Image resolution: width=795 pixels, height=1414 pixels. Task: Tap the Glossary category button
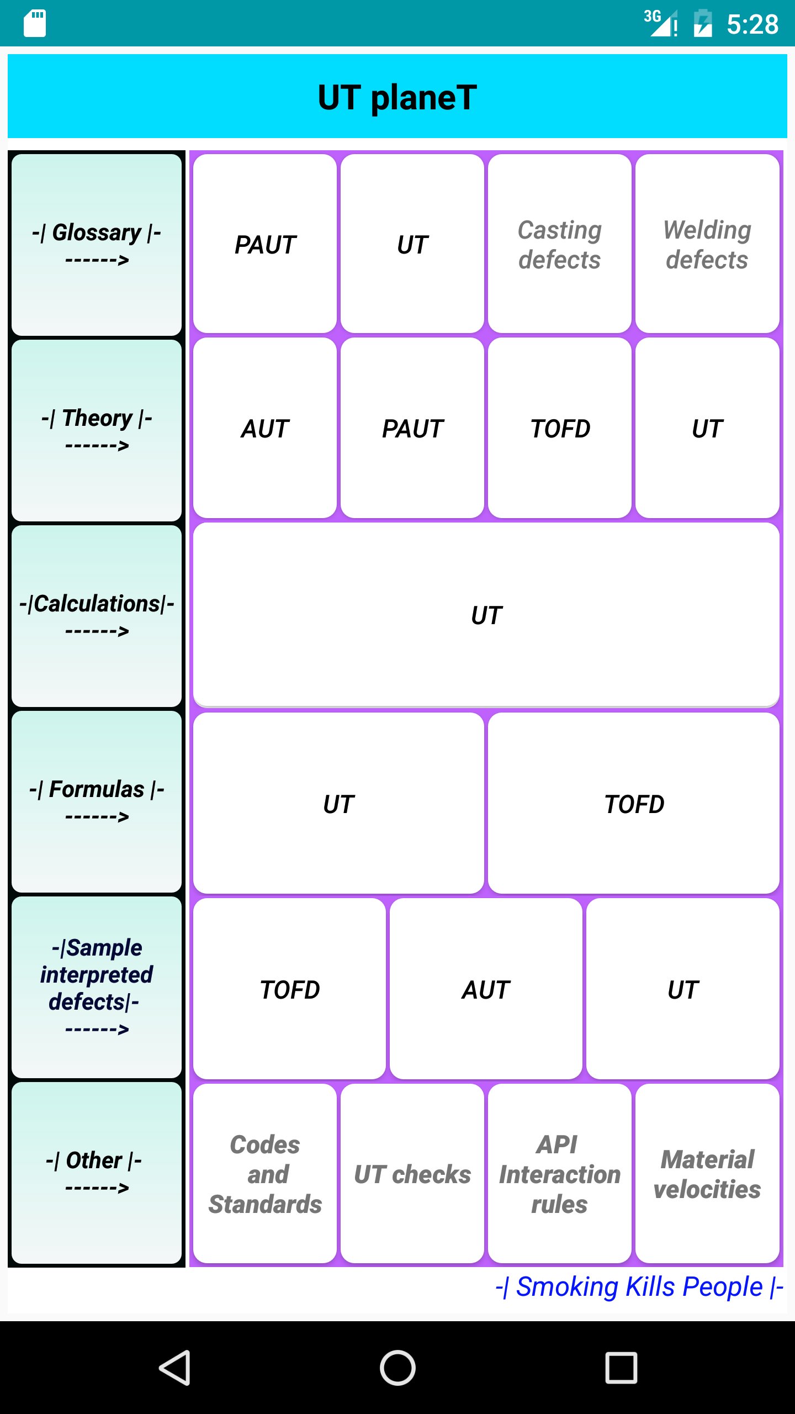pos(97,245)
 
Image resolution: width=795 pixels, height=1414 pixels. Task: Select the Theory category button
pos(97,430)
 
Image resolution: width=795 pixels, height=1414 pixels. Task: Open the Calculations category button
pos(97,616)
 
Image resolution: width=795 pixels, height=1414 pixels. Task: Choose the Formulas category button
pos(97,801)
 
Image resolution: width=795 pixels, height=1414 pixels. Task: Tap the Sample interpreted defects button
pos(97,987)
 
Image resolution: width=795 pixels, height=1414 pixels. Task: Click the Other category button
pos(97,1173)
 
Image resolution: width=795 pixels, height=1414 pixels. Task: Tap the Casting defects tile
pos(559,244)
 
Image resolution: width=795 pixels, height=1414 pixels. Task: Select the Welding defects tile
pos(707,244)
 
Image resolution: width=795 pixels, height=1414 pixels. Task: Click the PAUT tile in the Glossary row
pos(265,244)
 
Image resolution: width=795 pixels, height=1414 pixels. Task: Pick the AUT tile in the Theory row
pos(265,428)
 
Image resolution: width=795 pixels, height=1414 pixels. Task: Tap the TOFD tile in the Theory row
pos(559,428)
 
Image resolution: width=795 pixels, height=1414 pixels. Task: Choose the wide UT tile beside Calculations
pos(486,615)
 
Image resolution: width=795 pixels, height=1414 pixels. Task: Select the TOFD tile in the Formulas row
pos(634,803)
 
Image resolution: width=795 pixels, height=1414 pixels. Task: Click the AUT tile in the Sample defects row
pos(486,989)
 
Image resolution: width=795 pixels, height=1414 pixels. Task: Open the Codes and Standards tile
pos(265,1174)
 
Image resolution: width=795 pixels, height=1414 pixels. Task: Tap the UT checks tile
pos(412,1174)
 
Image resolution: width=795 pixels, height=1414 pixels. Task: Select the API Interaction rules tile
pos(559,1174)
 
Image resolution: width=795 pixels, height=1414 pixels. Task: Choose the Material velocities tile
pos(707,1174)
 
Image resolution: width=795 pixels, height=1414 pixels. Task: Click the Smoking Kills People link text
pos(639,1286)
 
